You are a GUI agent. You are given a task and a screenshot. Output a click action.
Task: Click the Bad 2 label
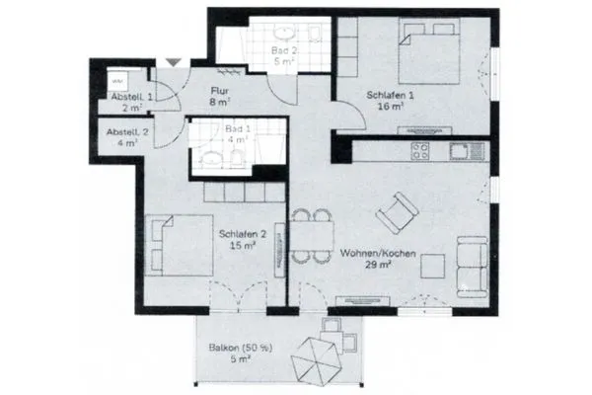(x=283, y=48)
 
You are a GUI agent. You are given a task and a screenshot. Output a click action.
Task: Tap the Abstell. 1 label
(x=132, y=97)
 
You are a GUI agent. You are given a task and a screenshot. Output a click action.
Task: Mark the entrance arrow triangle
(x=174, y=62)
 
